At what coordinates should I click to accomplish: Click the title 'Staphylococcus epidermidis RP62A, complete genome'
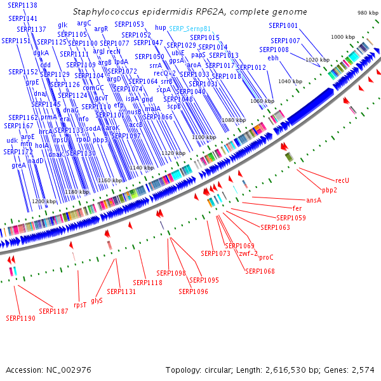point(190,12)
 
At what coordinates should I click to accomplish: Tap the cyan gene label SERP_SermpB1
point(190,29)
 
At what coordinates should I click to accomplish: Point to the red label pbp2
point(330,190)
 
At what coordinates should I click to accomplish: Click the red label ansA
point(314,200)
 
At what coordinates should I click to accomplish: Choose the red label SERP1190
point(21,317)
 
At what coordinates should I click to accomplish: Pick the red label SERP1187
point(53,311)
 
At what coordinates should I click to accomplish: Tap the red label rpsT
point(80,305)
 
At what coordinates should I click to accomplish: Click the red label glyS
point(97,300)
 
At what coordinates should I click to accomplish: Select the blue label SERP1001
point(283,25)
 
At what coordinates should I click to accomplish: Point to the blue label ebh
point(273,58)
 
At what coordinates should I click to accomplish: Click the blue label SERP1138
point(23,5)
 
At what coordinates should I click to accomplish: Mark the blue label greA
point(19,165)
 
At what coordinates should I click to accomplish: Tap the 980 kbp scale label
point(368,13)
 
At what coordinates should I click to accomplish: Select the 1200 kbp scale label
point(44,201)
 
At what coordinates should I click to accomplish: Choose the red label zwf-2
point(248,253)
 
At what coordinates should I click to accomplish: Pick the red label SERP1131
point(121,291)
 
